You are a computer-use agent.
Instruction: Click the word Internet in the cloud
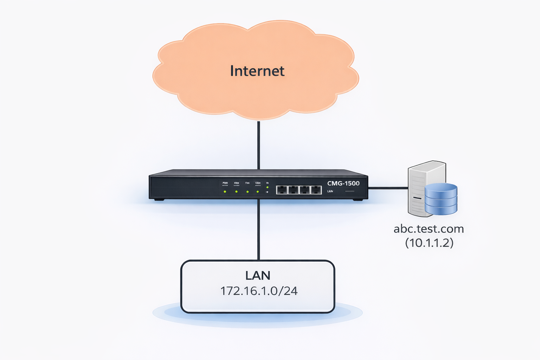point(257,71)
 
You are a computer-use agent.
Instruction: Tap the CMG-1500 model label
point(343,183)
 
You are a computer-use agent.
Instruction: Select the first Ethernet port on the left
point(282,190)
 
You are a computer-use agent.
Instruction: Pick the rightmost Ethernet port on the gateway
point(316,190)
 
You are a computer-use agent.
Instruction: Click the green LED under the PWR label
point(225,192)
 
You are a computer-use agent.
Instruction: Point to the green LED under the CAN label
point(258,192)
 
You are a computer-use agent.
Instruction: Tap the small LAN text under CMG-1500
point(330,191)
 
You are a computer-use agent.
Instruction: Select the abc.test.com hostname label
point(429,229)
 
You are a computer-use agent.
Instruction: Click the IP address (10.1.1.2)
point(429,243)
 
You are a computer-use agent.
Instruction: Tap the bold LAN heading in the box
point(258,276)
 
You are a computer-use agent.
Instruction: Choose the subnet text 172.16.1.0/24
point(259,291)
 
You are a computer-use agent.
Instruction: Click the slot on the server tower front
point(417,198)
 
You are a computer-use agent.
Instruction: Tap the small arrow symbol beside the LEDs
point(267,192)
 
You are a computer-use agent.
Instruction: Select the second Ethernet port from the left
point(293,190)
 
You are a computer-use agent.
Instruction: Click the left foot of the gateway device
point(159,200)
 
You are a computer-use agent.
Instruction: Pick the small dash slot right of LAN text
point(350,191)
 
